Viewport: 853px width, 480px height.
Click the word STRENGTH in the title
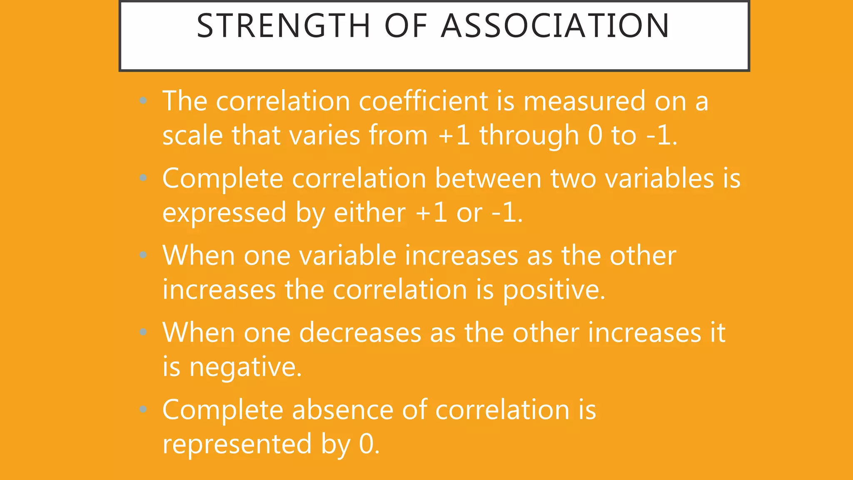[283, 26]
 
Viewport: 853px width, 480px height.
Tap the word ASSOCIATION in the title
[555, 26]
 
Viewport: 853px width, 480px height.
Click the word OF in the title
[406, 26]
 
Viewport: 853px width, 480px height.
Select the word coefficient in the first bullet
[423, 101]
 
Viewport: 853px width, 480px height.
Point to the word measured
[584, 101]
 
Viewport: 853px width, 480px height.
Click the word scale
[192, 135]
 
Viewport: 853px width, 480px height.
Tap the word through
[529, 136]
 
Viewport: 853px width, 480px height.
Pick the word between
[488, 178]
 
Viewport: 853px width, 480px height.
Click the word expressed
[224, 213]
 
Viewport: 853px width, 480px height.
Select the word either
[369, 212]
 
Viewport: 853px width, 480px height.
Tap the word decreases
[360, 333]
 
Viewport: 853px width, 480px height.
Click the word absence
[342, 410]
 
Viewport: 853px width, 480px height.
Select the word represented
[237, 444]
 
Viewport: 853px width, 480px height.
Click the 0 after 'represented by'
[367, 444]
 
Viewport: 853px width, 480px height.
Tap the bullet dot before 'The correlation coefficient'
[143, 100]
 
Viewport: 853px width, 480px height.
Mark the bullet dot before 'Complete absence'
[143, 410]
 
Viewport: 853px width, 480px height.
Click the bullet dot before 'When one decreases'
[143, 332]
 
